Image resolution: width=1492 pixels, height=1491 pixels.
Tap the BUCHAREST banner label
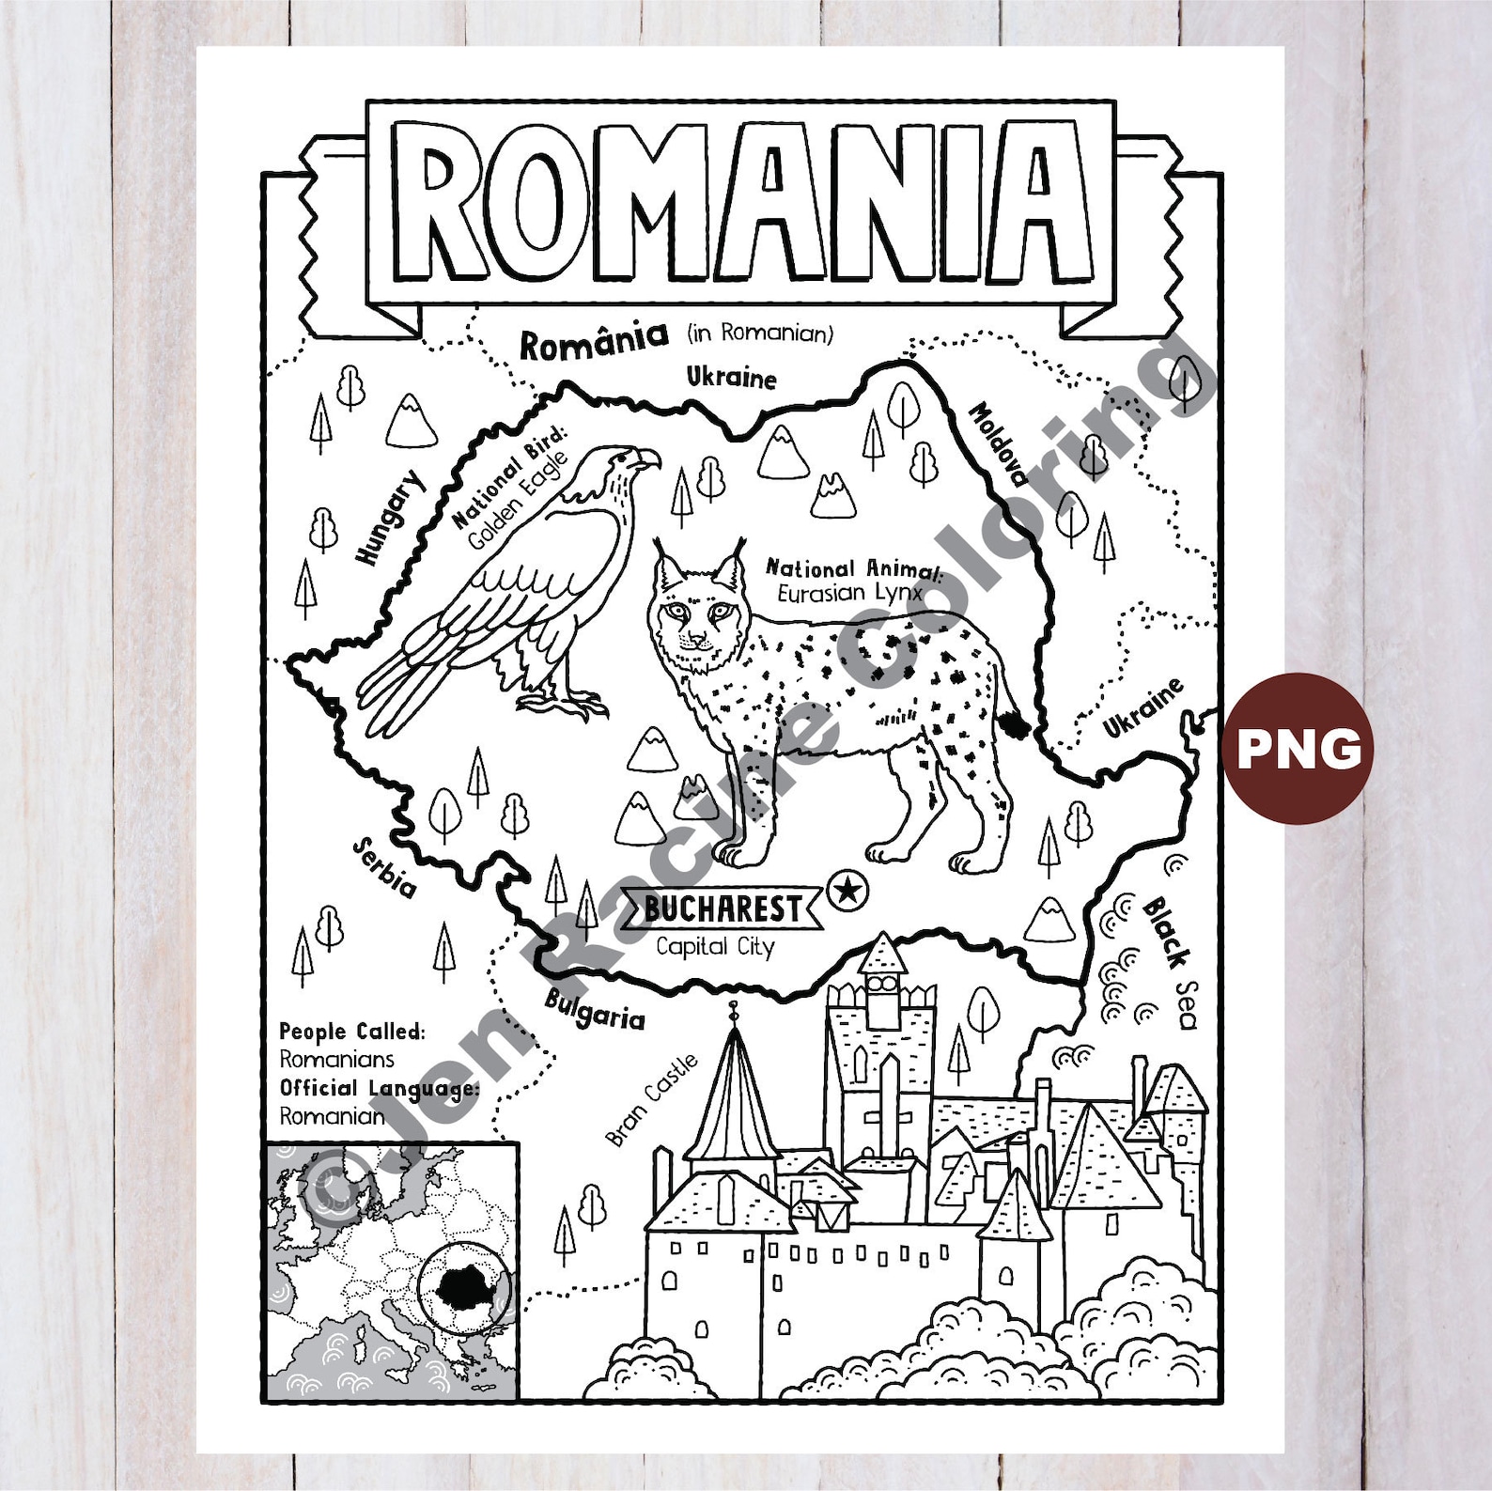(x=723, y=909)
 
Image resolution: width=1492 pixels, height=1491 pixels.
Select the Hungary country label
(x=390, y=518)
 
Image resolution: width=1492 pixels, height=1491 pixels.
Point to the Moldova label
(x=998, y=443)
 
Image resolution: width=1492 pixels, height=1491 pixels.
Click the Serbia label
(x=384, y=868)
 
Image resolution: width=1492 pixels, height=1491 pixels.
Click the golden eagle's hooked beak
(x=649, y=460)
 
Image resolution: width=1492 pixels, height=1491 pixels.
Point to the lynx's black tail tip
(x=1015, y=723)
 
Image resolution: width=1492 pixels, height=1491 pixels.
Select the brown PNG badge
(x=1298, y=748)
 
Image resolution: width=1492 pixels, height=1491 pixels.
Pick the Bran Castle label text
(x=652, y=1100)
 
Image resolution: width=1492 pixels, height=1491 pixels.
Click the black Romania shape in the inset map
(x=463, y=1283)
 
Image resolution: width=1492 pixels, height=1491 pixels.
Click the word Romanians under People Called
(x=336, y=1059)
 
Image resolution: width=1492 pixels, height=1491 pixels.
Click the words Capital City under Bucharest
(x=715, y=946)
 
